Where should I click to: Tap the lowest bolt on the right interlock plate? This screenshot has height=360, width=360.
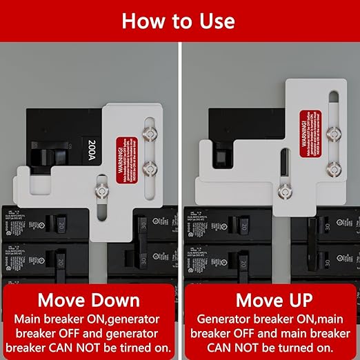click(282, 194)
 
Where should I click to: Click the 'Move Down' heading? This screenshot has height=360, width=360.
click(88, 301)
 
